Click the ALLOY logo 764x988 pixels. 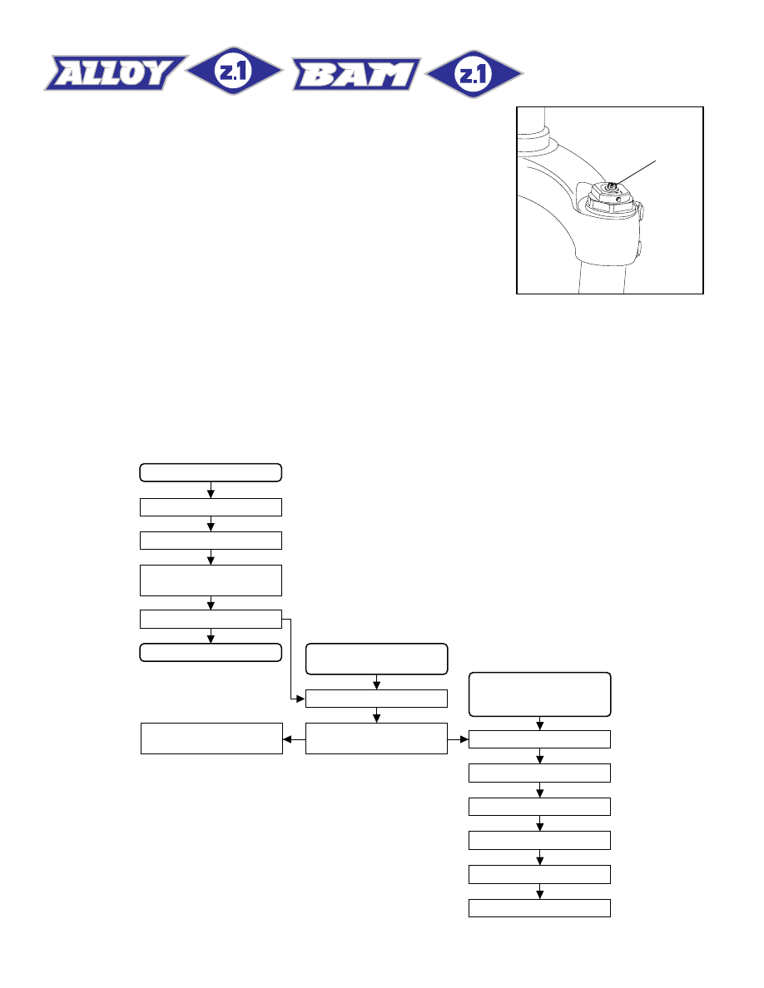[x=116, y=73]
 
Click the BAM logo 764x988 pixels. [x=356, y=74]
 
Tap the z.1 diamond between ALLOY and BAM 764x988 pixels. [x=234, y=71]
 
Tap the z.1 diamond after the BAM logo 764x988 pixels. [x=474, y=74]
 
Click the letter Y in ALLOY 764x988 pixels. [x=158, y=72]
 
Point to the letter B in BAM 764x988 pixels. [x=318, y=75]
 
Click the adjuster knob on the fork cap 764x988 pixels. [x=613, y=186]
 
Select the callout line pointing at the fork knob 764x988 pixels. [x=637, y=173]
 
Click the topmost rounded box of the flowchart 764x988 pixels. [x=211, y=472]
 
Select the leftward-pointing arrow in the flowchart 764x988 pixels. [x=294, y=739]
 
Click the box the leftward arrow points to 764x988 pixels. [x=211, y=739]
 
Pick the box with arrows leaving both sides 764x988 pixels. [x=376, y=739]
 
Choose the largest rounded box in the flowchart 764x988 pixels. [x=539, y=694]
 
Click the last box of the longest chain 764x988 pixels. [x=539, y=908]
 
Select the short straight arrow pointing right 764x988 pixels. [x=459, y=739]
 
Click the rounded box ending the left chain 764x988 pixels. [x=211, y=653]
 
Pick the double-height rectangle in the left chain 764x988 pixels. [x=211, y=580]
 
